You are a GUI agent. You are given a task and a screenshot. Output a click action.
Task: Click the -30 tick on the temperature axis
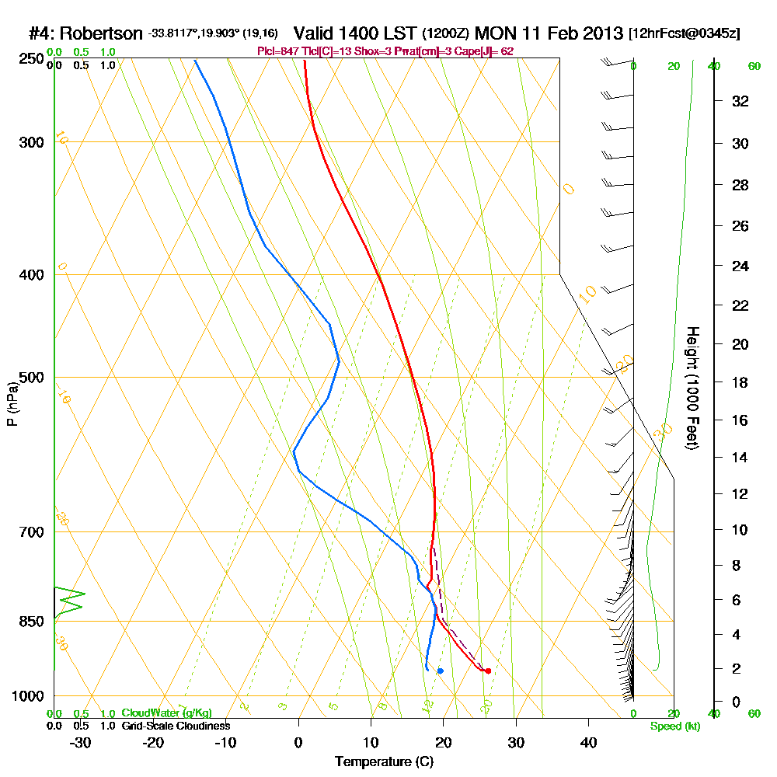coord(81,742)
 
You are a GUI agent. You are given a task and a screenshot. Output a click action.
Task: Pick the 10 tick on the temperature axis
coord(371,742)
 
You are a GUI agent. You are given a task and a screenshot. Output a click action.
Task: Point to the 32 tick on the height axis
coord(740,100)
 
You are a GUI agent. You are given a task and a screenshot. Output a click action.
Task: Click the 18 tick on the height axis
coord(740,382)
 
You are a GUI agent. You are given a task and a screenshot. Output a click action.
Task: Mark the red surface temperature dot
coord(488,671)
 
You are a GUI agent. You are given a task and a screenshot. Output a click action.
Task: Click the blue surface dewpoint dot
coord(441,671)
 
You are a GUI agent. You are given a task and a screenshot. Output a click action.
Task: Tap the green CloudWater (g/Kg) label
coord(166,713)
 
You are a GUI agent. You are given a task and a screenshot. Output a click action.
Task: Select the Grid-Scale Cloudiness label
coord(176,726)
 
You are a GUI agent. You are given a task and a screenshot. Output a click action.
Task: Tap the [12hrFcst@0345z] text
coord(686,34)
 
